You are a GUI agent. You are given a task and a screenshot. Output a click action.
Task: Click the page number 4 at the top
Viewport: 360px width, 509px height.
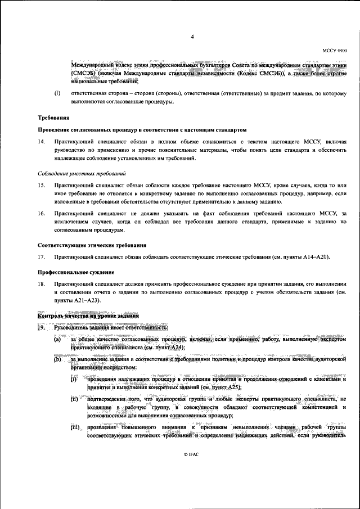click(x=192, y=37)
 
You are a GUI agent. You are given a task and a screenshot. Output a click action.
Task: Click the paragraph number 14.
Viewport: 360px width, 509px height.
click(x=41, y=143)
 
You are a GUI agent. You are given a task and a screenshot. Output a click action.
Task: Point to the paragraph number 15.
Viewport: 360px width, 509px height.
click(x=41, y=185)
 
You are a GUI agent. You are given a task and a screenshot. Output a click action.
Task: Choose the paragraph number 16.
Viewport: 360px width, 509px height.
click(x=41, y=214)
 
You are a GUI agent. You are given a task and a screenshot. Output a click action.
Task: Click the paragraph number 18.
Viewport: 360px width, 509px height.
click(x=41, y=285)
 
